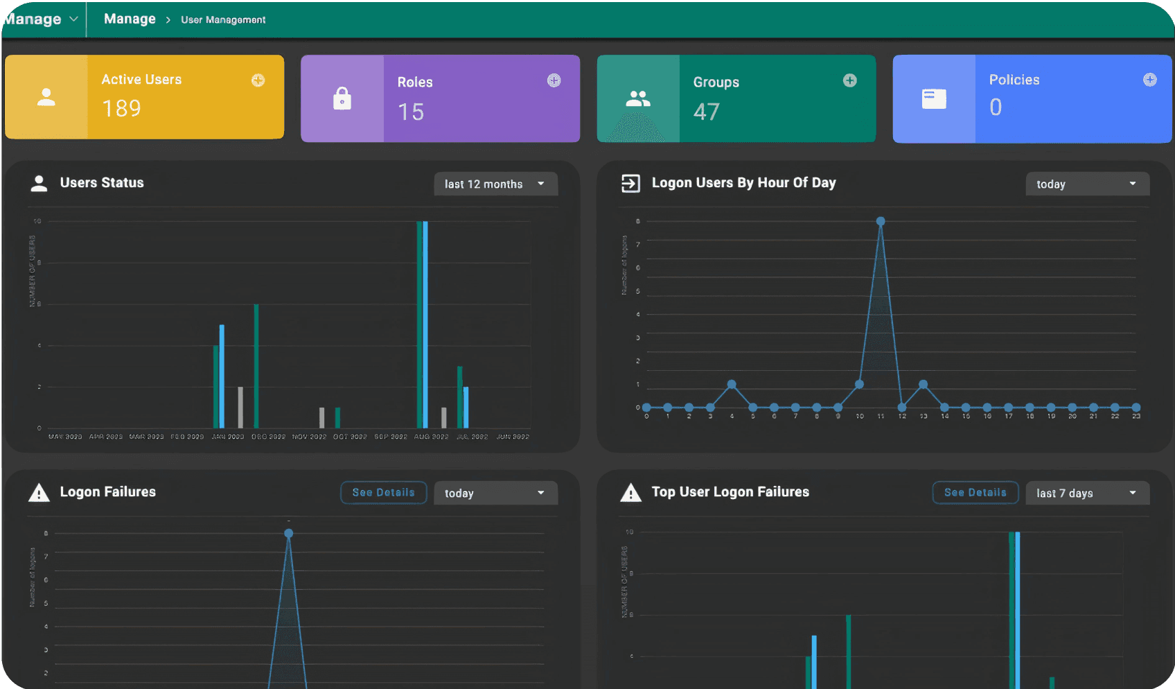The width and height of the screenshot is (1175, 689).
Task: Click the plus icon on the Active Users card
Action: tap(258, 80)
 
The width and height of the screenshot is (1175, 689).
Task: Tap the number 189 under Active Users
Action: tap(121, 108)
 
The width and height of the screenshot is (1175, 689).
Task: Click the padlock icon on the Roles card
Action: tap(342, 98)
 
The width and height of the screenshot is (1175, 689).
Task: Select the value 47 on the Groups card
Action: tap(707, 112)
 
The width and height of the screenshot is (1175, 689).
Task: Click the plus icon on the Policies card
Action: tap(1149, 80)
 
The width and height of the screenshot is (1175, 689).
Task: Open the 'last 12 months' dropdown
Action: tap(495, 184)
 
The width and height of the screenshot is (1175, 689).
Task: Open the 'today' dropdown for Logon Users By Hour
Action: tap(1087, 184)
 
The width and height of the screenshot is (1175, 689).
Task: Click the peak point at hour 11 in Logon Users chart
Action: tap(881, 222)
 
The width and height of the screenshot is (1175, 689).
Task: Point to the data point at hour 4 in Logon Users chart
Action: tap(732, 384)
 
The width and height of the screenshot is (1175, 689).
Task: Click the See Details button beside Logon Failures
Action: tap(383, 493)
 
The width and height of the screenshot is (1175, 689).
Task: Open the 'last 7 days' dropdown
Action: tap(1087, 493)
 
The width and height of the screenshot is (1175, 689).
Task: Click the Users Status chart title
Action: tap(102, 183)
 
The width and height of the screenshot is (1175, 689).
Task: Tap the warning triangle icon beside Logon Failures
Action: tap(39, 493)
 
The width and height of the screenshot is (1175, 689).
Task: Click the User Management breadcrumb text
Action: tap(223, 20)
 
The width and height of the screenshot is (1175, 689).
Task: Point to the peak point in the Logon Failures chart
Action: tap(289, 533)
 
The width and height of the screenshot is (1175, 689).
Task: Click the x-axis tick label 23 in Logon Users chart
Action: tap(1136, 417)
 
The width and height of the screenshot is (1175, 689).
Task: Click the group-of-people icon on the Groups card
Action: tap(638, 99)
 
